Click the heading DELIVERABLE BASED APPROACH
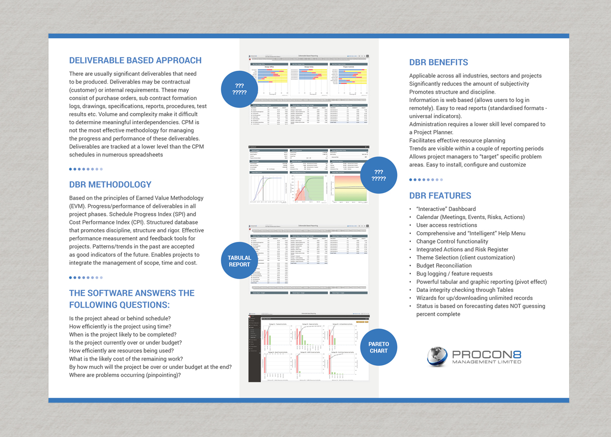[x=135, y=60]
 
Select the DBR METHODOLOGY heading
[x=110, y=184]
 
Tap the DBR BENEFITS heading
[x=438, y=63]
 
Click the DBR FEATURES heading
[x=440, y=196]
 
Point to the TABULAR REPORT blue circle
[x=239, y=261]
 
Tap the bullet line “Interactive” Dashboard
[x=446, y=209]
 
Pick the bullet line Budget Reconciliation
[x=443, y=265]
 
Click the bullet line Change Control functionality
[x=452, y=241]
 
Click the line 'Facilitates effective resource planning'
[x=457, y=141]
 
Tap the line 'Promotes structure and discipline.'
[x=452, y=92]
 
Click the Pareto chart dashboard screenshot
[x=309, y=349]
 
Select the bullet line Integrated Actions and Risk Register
[x=462, y=250]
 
